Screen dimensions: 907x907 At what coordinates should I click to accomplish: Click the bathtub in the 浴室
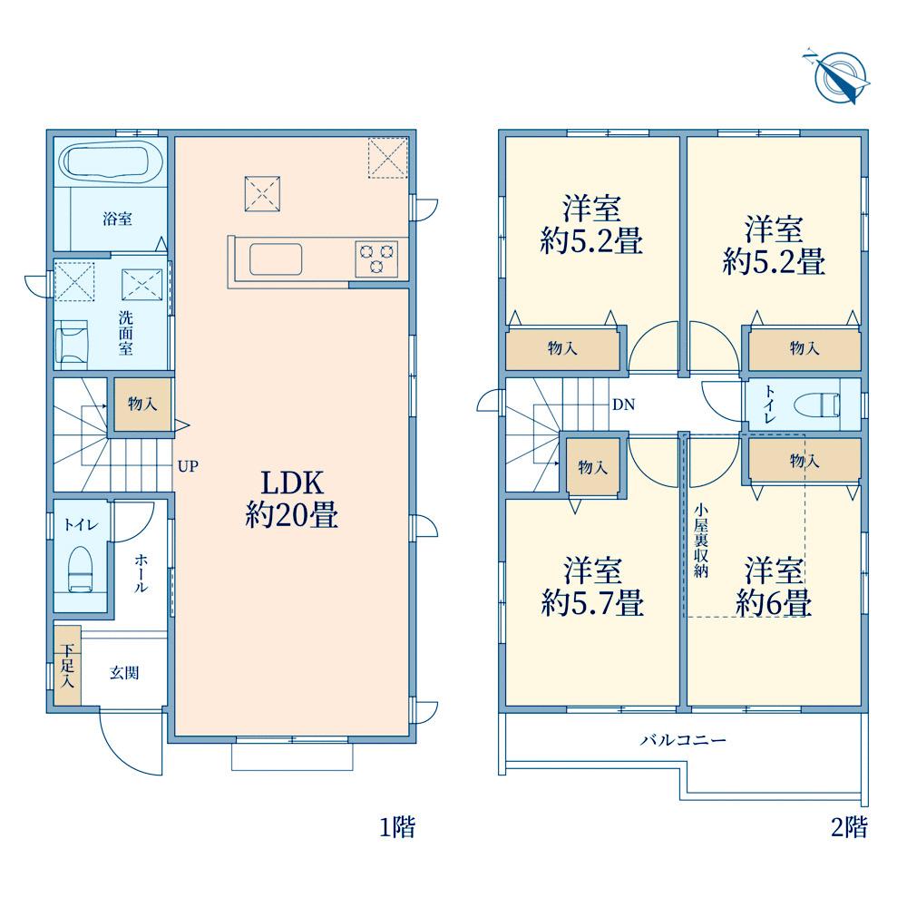112,161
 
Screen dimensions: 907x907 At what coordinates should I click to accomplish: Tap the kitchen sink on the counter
276,259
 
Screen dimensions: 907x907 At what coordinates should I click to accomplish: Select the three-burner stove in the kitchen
376,258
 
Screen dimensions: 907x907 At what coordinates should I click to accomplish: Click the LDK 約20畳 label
291,498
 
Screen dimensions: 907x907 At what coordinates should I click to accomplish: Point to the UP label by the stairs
188,466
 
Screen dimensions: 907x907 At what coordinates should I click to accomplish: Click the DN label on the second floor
624,405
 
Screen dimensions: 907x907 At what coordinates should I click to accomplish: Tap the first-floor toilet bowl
81,570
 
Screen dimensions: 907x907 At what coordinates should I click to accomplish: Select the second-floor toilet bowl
817,405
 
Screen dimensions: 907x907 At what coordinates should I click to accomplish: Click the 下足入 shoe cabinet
68,665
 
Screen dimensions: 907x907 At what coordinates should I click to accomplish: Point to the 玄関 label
124,673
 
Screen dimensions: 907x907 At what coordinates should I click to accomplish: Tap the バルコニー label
683,740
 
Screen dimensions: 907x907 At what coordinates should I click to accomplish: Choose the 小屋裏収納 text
701,541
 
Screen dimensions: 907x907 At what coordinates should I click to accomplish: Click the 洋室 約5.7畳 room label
592,587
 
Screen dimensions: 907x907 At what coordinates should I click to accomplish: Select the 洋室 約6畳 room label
774,587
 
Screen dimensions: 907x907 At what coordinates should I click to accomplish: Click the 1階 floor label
397,827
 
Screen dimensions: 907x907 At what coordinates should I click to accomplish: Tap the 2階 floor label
850,827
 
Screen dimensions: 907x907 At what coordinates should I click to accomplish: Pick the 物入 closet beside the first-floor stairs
142,404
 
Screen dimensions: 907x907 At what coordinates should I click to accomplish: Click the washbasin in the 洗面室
72,344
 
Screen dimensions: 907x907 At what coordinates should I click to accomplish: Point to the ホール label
141,572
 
